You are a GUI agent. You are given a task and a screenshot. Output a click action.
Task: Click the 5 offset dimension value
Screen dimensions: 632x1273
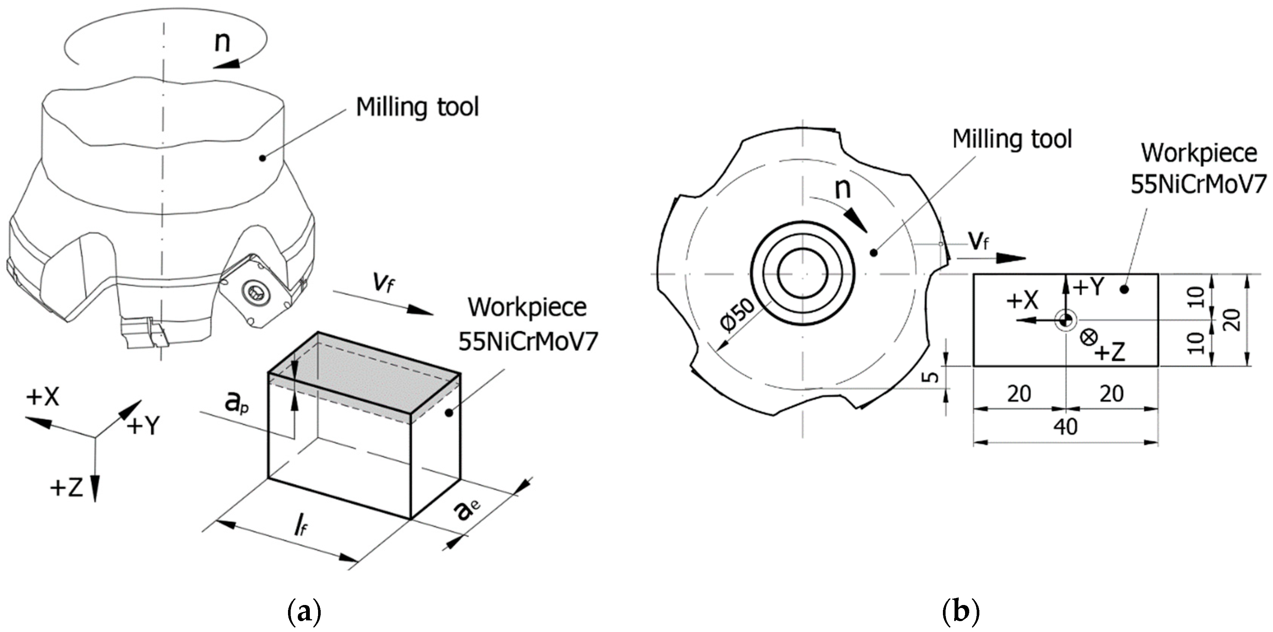point(931,377)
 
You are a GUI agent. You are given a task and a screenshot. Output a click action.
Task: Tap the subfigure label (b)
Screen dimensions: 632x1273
point(961,612)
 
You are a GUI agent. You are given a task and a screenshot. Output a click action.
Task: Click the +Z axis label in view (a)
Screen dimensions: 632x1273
point(67,488)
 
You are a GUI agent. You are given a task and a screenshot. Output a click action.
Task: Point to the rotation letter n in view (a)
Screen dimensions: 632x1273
point(222,42)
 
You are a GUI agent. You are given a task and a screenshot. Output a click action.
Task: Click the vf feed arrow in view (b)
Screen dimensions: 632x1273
point(991,258)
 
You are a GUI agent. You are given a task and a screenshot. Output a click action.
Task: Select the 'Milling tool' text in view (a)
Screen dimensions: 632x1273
point(418,107)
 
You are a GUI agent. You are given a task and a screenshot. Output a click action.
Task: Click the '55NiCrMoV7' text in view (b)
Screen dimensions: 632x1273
point(1198,184)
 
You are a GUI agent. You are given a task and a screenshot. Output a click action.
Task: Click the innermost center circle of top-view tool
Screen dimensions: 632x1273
point(802,273)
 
